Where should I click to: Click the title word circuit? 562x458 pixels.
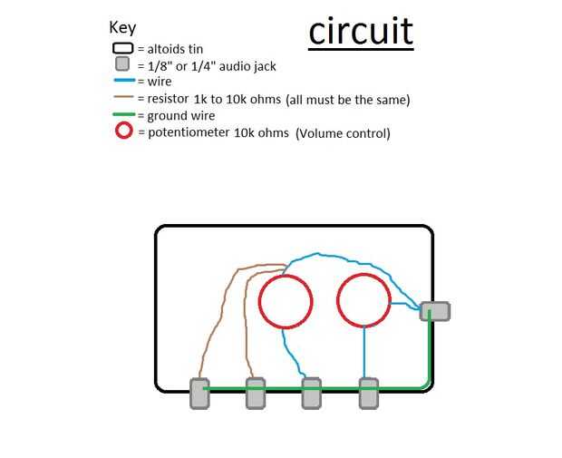361,31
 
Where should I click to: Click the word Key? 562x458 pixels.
122,28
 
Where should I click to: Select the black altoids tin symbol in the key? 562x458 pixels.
122,49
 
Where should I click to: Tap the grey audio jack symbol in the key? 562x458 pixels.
122,65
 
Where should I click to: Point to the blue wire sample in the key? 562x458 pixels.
122,82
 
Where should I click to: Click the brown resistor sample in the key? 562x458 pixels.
122,98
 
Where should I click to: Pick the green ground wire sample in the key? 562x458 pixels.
122,114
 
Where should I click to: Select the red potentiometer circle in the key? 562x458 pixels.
122,132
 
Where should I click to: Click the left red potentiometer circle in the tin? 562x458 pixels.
286,300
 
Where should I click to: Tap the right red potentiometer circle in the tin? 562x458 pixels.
363,300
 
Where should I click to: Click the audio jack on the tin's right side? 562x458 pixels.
435,311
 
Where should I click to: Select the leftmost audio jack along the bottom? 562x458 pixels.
199,393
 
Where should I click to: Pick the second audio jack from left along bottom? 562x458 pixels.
256,393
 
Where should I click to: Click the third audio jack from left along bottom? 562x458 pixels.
311,393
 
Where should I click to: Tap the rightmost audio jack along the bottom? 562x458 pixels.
368,393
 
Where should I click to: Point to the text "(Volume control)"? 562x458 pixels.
343,133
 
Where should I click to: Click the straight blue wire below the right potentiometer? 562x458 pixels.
364,352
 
